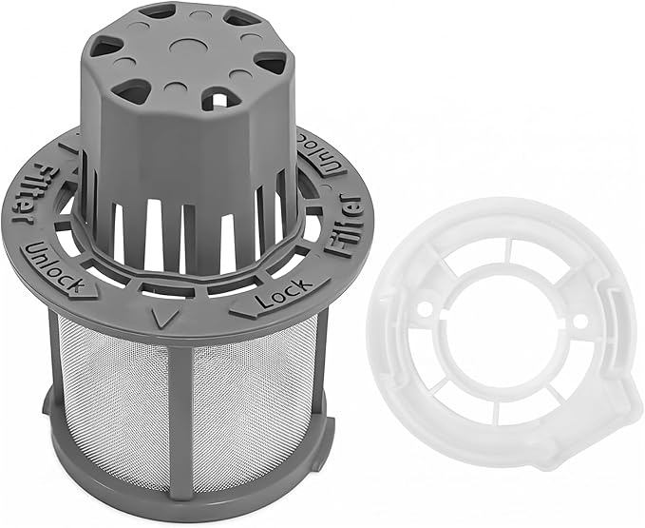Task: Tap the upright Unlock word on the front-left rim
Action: click(54, 268)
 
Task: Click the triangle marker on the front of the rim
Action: click(165, 319)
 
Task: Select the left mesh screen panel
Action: click(112, 401)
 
